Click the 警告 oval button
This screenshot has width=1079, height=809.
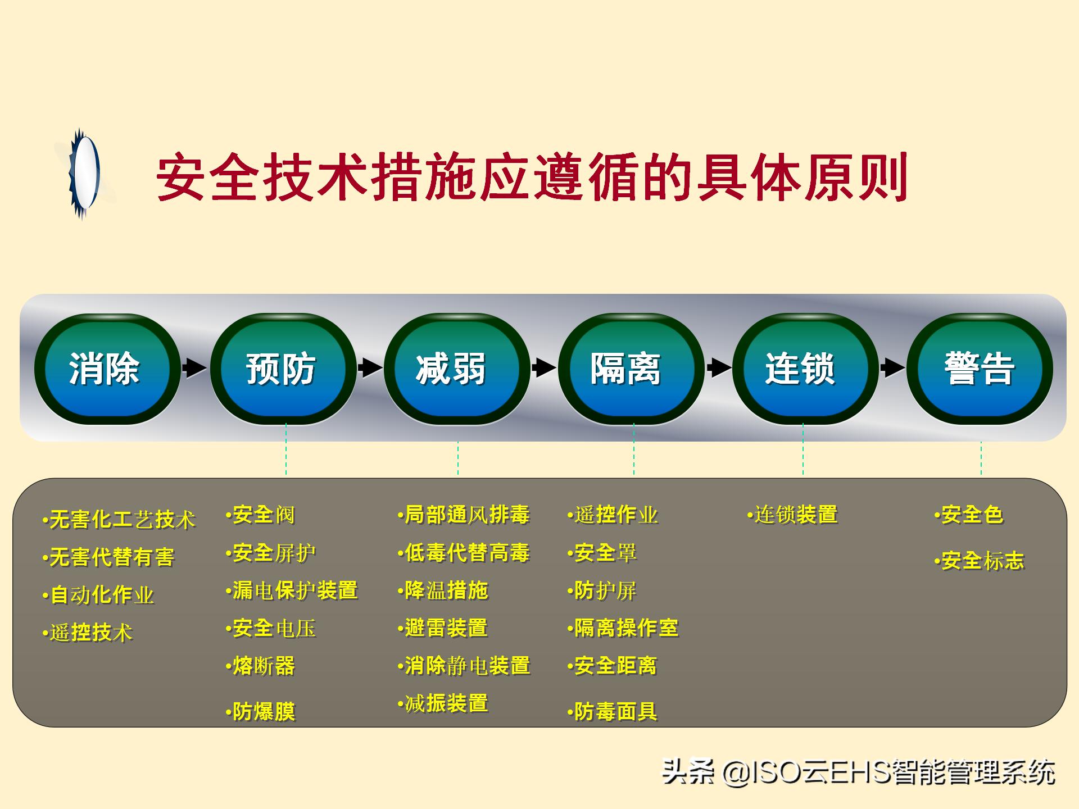click(x=979, y=369)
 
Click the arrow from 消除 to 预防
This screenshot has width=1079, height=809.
click(x=194, y=368)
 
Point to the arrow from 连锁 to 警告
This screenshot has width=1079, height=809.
click(x=892, y=368)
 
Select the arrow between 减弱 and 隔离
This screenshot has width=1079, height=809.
click(x=543, y=368)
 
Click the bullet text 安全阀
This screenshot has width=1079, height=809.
click(x=261, y=515)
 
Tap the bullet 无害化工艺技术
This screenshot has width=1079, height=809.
click(x=119, y=520)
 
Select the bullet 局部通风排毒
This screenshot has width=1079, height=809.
click(x=464, y=515)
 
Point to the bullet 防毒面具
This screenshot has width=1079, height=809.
click(x=613, y=712)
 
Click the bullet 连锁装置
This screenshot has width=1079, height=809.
click(x=793, y=515)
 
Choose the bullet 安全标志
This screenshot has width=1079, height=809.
click(x=980, y=561)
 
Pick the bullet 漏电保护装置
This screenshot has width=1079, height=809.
click(x=292, y=590)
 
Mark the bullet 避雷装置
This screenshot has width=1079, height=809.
click(x=443, y=628)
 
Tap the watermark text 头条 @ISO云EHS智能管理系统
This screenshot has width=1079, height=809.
click(x=859, y=772)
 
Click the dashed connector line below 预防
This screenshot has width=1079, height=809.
click(x=286, y=449)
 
